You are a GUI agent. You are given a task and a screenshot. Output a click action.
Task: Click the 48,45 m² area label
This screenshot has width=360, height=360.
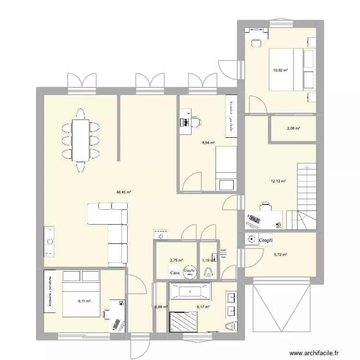tap(123, 192)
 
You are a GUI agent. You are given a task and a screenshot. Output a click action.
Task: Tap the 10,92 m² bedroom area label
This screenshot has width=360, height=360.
tap(280, 71)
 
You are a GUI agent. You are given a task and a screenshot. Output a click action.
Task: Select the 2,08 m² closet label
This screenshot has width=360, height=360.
tap(293, 128)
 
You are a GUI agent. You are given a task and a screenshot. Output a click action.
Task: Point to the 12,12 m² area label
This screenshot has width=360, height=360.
tap(278, 181)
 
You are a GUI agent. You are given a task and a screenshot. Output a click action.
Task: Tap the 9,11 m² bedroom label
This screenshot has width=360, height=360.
tap(84, 301)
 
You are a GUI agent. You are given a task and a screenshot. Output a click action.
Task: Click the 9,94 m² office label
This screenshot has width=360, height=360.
tap(208, 143)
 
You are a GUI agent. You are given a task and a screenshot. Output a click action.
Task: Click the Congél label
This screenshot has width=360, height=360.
tap(265, 240)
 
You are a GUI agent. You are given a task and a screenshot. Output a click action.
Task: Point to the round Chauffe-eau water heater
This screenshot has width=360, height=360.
tap(189, 272)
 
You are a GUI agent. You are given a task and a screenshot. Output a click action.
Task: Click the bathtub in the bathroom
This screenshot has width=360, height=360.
tap(190, 291)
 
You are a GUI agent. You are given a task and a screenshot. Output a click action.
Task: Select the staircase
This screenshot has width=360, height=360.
tap(301, 197)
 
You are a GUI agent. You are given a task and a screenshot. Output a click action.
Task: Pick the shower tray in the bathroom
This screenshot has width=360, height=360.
tap(183, 322)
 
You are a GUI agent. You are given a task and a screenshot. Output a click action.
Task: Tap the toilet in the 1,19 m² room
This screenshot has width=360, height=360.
tap(208, 273)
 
